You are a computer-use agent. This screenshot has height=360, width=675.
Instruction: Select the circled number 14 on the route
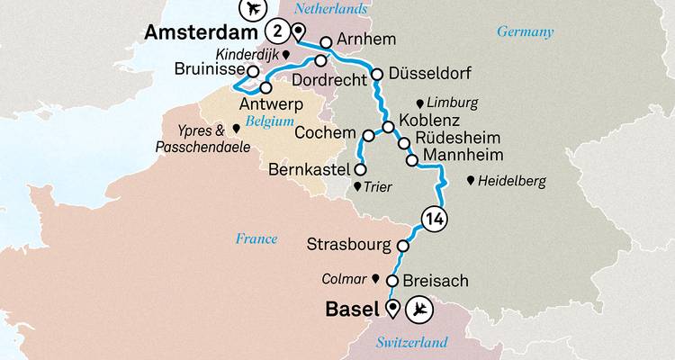pyautogui.click(x=433, y=219)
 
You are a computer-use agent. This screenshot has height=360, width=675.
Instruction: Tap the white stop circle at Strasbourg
pyautogui.click(x=404, y=245)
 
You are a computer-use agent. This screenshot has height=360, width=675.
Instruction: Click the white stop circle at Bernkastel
pyautogui.click(x=360, y=169)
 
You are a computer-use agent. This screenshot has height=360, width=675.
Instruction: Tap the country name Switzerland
pyautogui.click(x=412, y=343)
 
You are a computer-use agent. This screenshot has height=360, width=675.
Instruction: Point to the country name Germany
pyautogui.click(x=525, y=32)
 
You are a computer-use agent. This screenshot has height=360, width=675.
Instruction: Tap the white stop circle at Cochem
pyautogui.click(x=368, y=135)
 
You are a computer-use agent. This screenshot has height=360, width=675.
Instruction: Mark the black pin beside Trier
pyautogui.click(x=357, y=187)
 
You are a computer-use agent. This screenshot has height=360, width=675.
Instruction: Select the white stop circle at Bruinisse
pyautogui.click(x=254, y=71)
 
